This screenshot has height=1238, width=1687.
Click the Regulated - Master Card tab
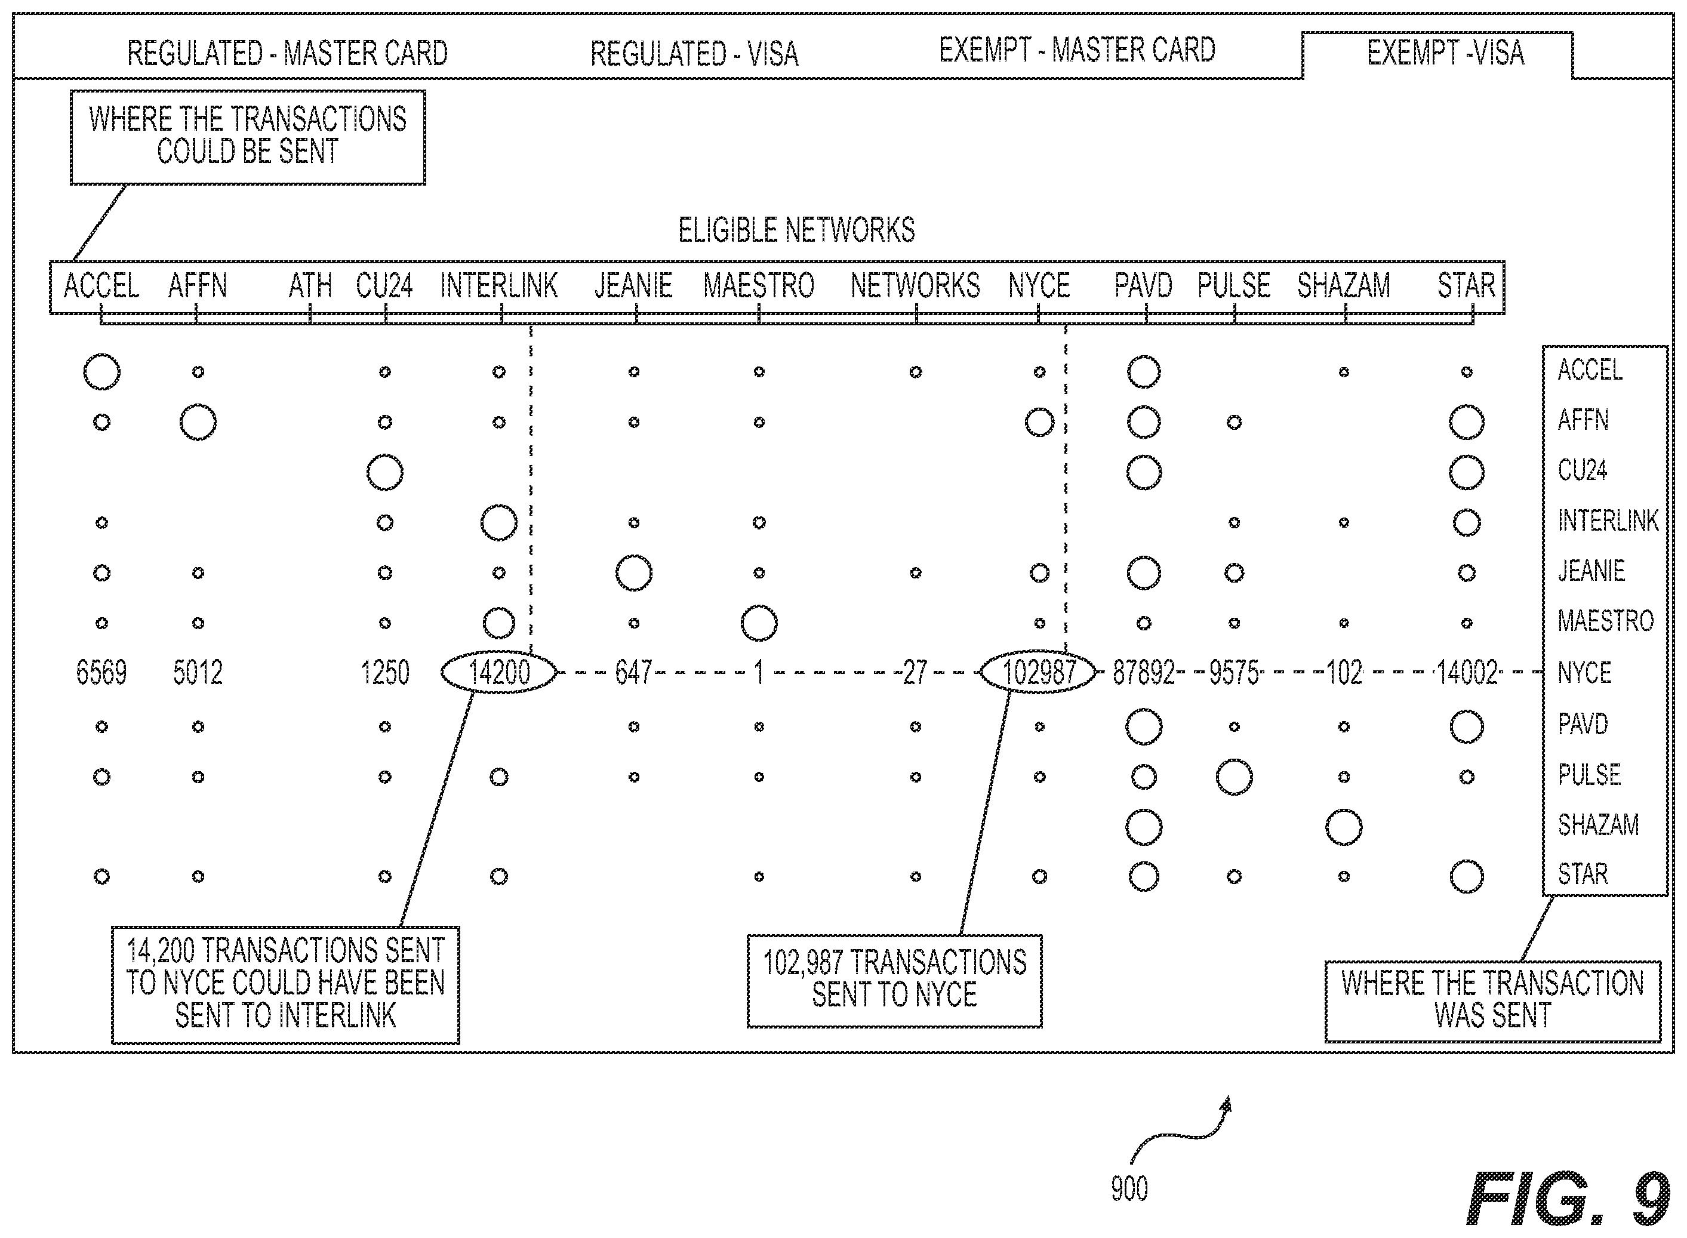(287, 53)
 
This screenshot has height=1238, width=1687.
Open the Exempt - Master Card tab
(1077, 50)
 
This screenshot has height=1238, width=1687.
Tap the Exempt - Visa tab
(1445, 53)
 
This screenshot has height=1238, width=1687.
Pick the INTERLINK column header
(498, 285)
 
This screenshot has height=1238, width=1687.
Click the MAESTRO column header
(759, 285)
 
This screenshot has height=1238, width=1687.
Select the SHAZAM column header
(1343, 285)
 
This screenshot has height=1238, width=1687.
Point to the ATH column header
(309, 285)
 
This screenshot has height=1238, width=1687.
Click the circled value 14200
(499, 672)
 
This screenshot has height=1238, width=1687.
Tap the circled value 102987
(1039, 672)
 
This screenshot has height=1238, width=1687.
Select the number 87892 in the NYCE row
(1144, 673)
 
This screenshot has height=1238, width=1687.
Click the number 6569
(101, 672)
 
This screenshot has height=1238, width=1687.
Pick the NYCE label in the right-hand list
(1584, 673)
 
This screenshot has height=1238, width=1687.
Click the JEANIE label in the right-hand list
(1591, 571)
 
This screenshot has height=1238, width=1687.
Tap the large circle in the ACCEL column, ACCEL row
(101, 372)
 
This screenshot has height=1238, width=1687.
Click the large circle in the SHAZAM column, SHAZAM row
(1343, 827)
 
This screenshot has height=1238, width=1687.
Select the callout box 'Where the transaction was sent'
(1492, 1001)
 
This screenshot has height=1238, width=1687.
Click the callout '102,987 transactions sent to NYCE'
(894, 980)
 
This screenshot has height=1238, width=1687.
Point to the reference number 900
(1129, 1188)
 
